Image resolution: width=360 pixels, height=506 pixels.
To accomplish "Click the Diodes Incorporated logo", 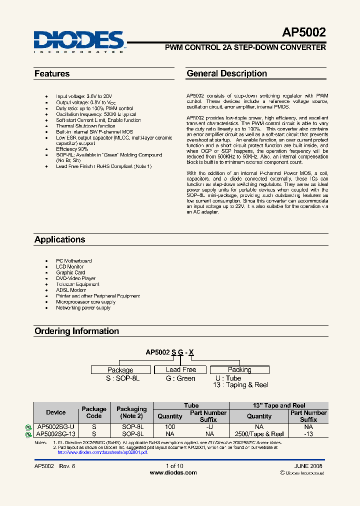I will (78, 41).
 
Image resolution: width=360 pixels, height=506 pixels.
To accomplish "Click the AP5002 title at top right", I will (304, 32).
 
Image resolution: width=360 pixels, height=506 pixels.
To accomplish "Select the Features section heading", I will (52, 73).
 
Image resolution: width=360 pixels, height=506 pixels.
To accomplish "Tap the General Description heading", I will (226, 73).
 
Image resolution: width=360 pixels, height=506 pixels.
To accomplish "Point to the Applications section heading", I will (59, 239).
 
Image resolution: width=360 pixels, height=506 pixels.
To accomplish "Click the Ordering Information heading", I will (76, 331).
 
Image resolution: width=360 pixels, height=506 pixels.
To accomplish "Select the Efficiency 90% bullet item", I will (72, 149).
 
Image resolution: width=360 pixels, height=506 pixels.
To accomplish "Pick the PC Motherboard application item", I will (73, 261).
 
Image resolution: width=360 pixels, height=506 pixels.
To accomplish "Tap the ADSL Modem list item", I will (71, 290).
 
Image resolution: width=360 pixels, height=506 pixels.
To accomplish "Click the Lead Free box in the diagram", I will (181, 369).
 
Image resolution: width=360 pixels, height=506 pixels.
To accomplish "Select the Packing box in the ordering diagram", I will (239, 369).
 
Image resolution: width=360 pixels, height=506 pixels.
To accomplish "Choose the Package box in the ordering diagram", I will (120, 370).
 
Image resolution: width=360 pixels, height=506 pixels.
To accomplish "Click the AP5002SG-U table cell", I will (55, 427).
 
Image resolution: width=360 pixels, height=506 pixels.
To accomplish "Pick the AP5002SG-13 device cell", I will (55, 434).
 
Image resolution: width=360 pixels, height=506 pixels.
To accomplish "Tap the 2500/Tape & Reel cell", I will (259, 434).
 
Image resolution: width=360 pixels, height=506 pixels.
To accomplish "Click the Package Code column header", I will (94, 412).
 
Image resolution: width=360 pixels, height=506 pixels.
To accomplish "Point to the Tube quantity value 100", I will (170, 427).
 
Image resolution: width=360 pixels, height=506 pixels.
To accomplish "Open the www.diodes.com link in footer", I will (173, 472).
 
